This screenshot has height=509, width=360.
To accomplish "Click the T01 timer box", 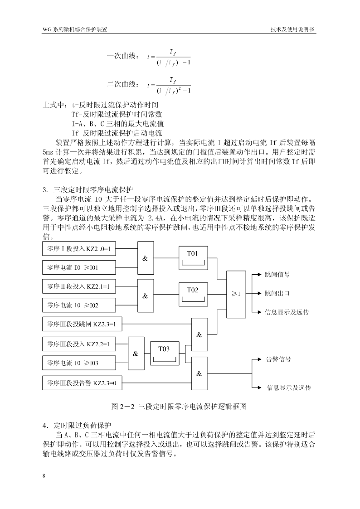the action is (x=193, y=258).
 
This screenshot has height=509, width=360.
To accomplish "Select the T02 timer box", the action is (x=193, y=295).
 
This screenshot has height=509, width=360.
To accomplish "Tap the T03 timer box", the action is (x=164, y=353).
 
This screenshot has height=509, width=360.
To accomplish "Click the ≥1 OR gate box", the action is (x=236, y=294).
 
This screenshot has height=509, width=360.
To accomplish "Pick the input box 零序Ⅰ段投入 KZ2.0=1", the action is (x=79, y=249).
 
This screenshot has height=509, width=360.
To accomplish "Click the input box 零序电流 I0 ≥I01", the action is (x=79, y=267).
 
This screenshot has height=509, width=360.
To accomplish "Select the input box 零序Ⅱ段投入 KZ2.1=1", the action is (x=79, y=286).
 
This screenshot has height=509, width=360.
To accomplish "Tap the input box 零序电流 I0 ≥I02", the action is (x=79, y=305).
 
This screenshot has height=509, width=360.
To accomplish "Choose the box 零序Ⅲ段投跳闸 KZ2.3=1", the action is (x=82, y=324).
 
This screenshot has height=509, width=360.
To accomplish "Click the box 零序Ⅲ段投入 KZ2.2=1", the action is (x=79, y=344).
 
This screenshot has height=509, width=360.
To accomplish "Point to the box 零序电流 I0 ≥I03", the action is (x=79, y=363).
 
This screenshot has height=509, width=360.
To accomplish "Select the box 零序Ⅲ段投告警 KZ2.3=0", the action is (x=82, y=383).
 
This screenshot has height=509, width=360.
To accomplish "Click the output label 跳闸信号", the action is (x=277, y=275).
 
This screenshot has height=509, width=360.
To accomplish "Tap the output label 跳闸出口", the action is (x=277, y=293).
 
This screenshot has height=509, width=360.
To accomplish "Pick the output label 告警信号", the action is (x=278, y=359).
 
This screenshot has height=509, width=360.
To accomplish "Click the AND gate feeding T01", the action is (x=146, y=258).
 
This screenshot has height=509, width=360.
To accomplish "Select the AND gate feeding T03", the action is (x=136, y=354).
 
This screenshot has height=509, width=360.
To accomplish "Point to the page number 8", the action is (x=44, y=476).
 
